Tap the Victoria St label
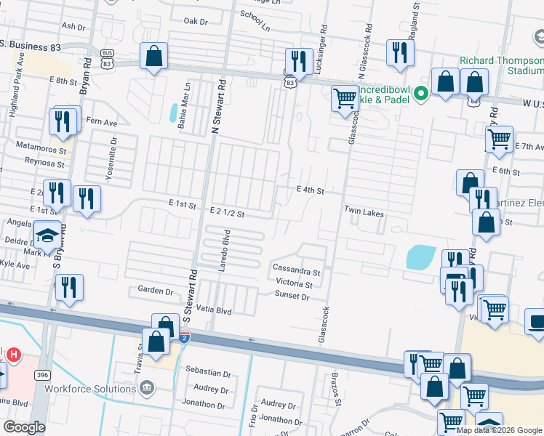(294, 284)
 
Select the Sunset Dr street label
(292, 296)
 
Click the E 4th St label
(309, 190)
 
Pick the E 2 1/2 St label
(231, 211)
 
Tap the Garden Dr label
(156, 290)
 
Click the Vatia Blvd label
(213, 310)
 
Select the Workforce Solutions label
(90, 389)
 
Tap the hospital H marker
(13, 355)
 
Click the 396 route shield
(44, 374)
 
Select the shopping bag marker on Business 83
(154, 56)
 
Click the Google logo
(24, 427)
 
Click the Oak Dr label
(196, 21)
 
